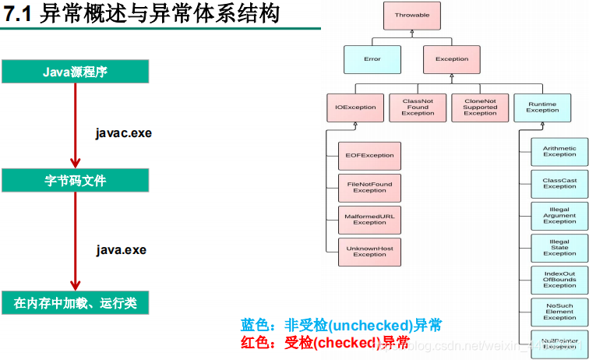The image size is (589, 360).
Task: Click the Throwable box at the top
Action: click(411, 15)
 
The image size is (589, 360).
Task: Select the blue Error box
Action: click(372, 58)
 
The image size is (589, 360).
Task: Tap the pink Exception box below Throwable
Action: click(452, 58)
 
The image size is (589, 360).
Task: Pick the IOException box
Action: click(355, 108)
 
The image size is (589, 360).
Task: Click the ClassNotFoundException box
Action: click(418, 108)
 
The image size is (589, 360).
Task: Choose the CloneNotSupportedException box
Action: click(480, 108)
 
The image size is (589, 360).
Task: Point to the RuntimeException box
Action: click(542, 107)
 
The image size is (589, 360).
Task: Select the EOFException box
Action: click(369, 156)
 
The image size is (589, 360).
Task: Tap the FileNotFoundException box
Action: click(369, 188)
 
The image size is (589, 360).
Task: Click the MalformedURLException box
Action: click(369, 219)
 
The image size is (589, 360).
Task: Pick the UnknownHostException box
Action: click(369, 251)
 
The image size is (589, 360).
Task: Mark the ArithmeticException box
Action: click(559, 151)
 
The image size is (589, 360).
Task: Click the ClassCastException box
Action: click(559, 183)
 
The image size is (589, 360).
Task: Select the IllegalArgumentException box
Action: click(559, 215)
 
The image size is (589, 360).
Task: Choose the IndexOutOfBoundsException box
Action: click(559, 280)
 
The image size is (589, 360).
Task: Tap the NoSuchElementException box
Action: click(559, 312)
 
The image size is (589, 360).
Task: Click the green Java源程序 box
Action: click(75, 72)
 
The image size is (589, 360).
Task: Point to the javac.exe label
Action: click(123, 133)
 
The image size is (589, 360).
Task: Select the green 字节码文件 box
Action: click(75, 181)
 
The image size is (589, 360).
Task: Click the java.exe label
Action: click(122, 250)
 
